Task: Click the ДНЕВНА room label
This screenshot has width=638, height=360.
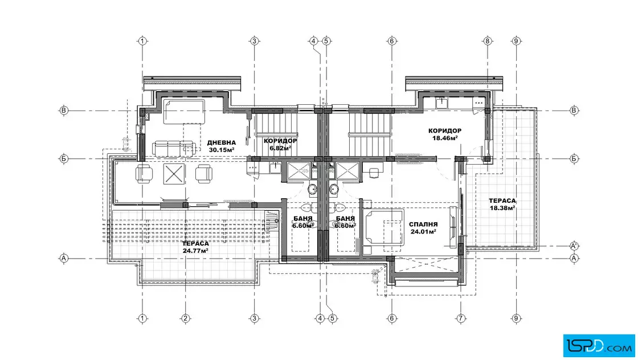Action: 222,143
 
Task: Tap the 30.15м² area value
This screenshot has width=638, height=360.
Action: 222,150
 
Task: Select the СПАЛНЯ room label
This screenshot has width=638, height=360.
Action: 423,224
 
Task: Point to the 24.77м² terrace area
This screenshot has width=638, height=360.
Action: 196,251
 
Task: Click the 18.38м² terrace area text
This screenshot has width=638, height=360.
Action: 502,208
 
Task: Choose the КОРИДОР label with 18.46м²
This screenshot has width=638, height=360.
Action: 445,131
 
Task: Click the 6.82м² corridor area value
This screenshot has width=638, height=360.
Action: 280,148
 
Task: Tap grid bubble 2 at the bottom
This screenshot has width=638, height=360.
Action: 186,318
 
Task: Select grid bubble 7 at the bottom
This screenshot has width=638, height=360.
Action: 461,318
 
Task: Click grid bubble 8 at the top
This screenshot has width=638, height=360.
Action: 488,41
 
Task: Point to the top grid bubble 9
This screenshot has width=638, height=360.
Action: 516,41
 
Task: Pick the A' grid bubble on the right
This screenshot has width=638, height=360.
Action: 574,246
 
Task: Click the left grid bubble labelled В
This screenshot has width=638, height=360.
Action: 64,111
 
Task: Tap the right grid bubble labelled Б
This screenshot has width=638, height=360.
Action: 574,159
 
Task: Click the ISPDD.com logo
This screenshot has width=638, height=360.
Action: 599,346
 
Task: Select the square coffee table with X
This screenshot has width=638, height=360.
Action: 174,174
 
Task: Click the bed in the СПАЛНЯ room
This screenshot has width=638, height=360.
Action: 383,228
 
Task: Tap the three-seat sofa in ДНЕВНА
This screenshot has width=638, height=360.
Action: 174,149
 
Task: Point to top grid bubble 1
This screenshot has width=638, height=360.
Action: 142,41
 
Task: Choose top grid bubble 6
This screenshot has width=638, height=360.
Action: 392,41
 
